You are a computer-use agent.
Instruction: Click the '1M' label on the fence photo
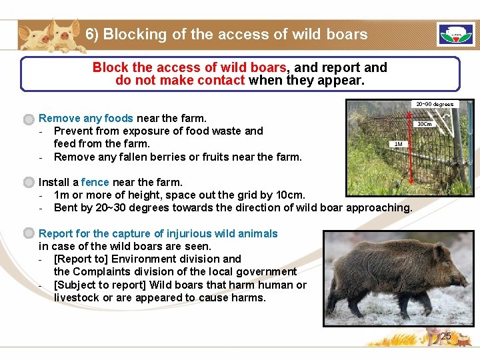point(398,144)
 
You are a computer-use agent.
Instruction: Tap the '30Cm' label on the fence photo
point(425,124)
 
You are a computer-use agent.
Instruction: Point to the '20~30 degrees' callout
point(434,104)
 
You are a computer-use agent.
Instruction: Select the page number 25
point(445,337)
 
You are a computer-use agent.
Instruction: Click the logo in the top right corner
point(456,35)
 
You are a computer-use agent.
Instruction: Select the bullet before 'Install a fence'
point(28,183)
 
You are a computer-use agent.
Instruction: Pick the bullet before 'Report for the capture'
point(28,234)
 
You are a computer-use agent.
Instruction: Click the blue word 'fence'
point(95,182)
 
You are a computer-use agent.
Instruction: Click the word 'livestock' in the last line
point(77,297)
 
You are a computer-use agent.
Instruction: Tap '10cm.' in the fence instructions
point(290,195)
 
